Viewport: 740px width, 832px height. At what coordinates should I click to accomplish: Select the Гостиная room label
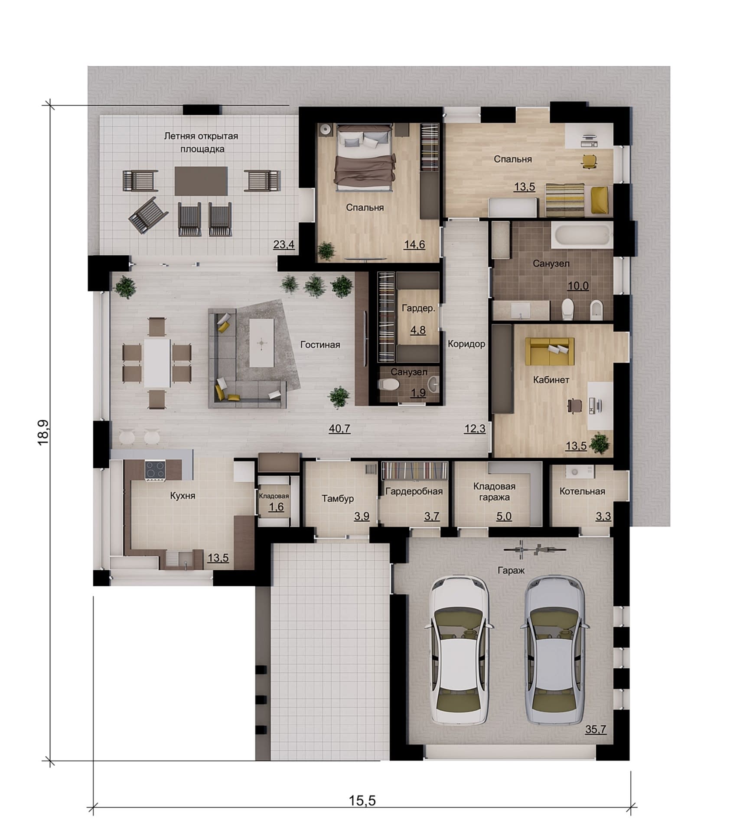click(320, 345)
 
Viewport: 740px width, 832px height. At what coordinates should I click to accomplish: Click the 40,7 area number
click(339, 429)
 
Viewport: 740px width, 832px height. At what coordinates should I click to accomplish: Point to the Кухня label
click(183, 495)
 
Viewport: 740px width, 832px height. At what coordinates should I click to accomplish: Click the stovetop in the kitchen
click(155, 471)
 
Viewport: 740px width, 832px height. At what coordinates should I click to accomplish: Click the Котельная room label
click(582, 491)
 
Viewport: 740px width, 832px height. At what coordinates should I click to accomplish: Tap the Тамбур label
click(338, 499)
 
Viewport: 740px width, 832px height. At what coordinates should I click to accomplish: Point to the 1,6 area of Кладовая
click(276, 507)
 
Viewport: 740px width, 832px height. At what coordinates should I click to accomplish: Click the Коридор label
click(466, 344)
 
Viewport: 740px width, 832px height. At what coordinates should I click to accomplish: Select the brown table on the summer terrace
click(201, 181)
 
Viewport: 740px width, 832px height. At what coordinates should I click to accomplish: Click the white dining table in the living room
click(157, 363)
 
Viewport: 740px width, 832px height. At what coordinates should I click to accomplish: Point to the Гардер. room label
click(418, 309)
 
